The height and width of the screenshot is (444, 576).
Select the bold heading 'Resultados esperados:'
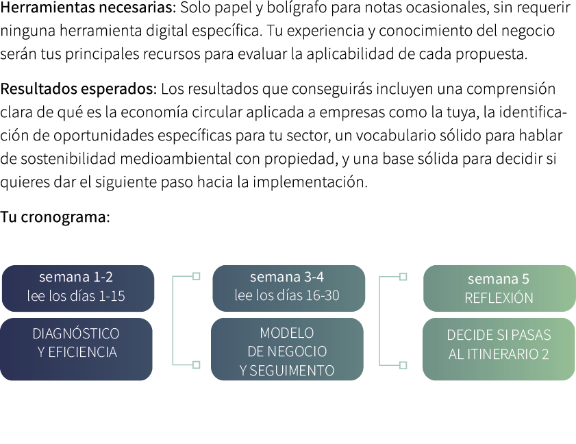pos(79,90)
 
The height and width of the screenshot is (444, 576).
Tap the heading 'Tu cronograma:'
pos(55,218)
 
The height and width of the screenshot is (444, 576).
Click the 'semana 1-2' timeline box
pos(77,287)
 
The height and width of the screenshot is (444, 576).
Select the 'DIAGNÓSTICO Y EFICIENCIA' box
pos(77,349)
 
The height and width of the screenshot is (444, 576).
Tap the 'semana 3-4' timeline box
pos(288,287)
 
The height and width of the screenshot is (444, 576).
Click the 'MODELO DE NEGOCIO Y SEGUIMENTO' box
pos(288,349)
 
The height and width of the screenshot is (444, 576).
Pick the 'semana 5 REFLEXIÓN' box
pos(499,288)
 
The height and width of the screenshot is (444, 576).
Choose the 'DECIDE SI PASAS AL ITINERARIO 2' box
pos(499,349)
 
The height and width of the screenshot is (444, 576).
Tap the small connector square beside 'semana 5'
pos(403,277)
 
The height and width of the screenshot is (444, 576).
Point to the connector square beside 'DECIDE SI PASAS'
pos(403,365)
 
